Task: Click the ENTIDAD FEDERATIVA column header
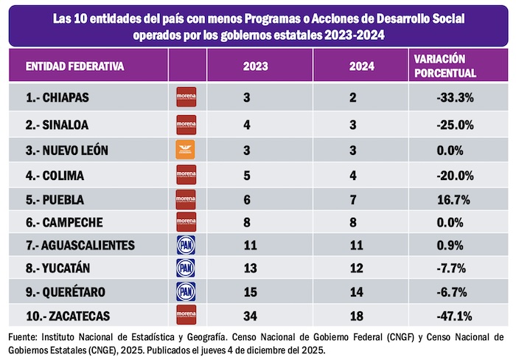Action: (74, 66)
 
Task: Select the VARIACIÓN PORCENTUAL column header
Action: (445, 66)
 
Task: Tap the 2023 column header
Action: (255, 66)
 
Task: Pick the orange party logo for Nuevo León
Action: (186, 150)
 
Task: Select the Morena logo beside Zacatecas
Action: (186, 316)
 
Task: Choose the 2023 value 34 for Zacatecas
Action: (251, 316)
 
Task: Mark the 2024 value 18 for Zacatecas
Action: (356, 316)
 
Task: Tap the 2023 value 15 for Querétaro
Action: (251, 292)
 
